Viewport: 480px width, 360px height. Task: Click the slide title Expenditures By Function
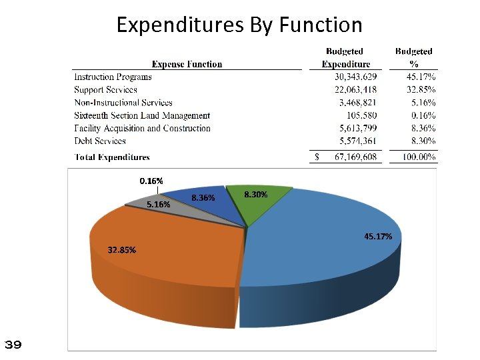[239, 25]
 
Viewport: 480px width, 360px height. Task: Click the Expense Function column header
[187, 64]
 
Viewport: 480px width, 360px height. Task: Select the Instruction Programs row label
[113, 77]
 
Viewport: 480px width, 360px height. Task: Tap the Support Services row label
[105, 89]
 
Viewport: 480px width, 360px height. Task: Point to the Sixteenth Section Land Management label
[142, 115]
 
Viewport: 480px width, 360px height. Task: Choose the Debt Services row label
[100, 141]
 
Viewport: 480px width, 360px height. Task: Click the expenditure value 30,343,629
[355, 77]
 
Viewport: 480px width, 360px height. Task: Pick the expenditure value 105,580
[363, 115]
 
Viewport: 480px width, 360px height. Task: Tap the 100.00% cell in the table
[417, 157]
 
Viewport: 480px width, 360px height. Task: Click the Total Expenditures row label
[112, 157]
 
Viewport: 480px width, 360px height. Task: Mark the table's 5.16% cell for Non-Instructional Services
[423, 103]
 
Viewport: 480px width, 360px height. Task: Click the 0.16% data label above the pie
[151, 181]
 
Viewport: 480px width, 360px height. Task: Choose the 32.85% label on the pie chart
[122, 250]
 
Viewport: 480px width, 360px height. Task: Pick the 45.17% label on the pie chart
[378, 236]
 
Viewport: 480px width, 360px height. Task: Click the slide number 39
[13, 345]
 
